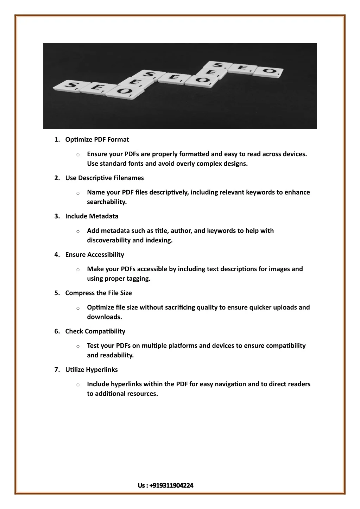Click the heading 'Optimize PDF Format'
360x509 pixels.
coord(97,140)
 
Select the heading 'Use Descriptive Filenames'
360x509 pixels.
coord(104,178)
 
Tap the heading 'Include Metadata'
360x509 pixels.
coord(91,216)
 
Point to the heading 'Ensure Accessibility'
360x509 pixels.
coord(94,255)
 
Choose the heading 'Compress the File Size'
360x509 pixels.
coord(98,293)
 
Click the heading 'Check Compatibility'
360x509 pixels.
coord(95,331)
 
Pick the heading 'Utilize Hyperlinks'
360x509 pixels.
coord(91,370)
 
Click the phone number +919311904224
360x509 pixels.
coord(171,486)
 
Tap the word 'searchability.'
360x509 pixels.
coord(107,202)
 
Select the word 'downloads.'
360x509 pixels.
coord(105,317)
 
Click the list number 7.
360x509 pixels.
coord(57,370)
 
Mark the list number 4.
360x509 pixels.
coord(57,255)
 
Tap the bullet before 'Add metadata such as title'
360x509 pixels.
coord(77,231)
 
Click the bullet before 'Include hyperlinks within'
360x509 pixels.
coord(77,385)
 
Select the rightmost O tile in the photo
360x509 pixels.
coord(270,71)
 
